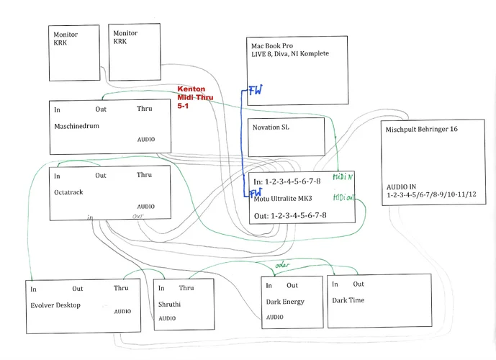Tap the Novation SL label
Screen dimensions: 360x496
click(x=273, y=127)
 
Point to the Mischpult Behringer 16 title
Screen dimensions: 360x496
click(x=423, y=129)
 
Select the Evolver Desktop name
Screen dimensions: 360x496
click(x=55, y=305)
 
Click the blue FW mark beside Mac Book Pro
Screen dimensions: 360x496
click(x=255, y=91)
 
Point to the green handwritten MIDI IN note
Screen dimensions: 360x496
click(x=343, y=176)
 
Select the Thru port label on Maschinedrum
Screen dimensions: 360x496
click(x=145, y=109)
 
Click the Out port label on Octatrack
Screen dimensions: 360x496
click(x=101, y=175)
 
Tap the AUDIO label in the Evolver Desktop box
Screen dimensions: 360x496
click(x=122, y=311)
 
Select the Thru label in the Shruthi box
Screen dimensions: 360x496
click(x=186, y=288)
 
